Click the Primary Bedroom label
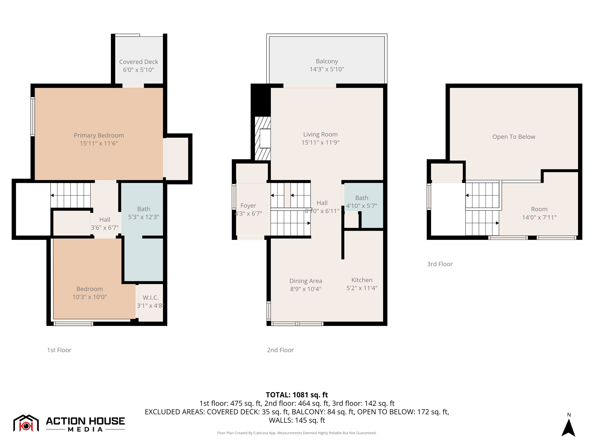[99, 135]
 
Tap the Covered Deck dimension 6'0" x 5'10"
[138, 70]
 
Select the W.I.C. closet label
[151, 298]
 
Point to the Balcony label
[327, 61]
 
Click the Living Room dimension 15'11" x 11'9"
[320, 142]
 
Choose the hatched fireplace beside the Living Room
[262, 138]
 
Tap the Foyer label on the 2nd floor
[248, 205]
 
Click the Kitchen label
[362, 280]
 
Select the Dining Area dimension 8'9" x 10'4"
[306, 289]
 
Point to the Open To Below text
[513, 137]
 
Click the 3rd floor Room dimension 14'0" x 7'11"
[539, 217]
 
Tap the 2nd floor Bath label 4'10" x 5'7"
[361, 198]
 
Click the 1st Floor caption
[59, 350]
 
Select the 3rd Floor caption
[439, 264]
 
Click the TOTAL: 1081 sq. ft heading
[297, 395]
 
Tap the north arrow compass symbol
[568, 427]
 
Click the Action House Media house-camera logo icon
[26, 423]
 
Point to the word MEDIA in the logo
[85, 429]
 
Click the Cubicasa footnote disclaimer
[297, 433]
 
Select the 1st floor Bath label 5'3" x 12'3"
[144, 209]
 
